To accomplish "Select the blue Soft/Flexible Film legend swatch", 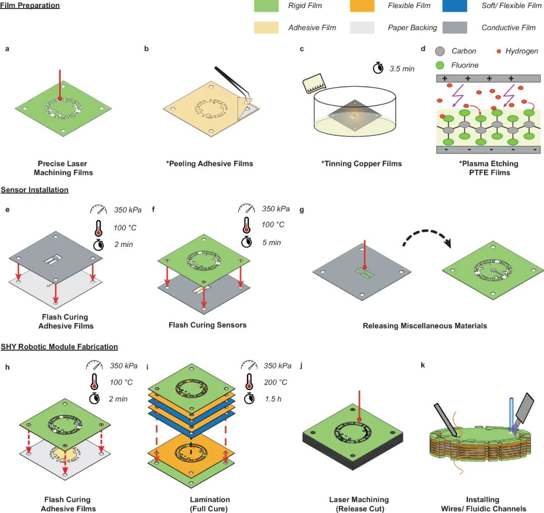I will pos(458,6).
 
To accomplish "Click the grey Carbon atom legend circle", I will pos(439,51).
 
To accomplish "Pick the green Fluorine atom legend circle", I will pos(439,65).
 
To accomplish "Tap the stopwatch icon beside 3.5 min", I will pos(378,68).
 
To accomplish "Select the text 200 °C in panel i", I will pos(275,382).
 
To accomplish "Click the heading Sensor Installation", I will pos(34,189).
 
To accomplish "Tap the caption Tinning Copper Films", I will pos(362,164).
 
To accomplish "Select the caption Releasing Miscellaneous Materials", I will pos(425,326).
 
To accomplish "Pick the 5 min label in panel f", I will pos(271,242).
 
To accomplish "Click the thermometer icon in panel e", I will pos(97,227).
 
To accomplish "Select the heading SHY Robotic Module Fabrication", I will pos(59,347).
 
